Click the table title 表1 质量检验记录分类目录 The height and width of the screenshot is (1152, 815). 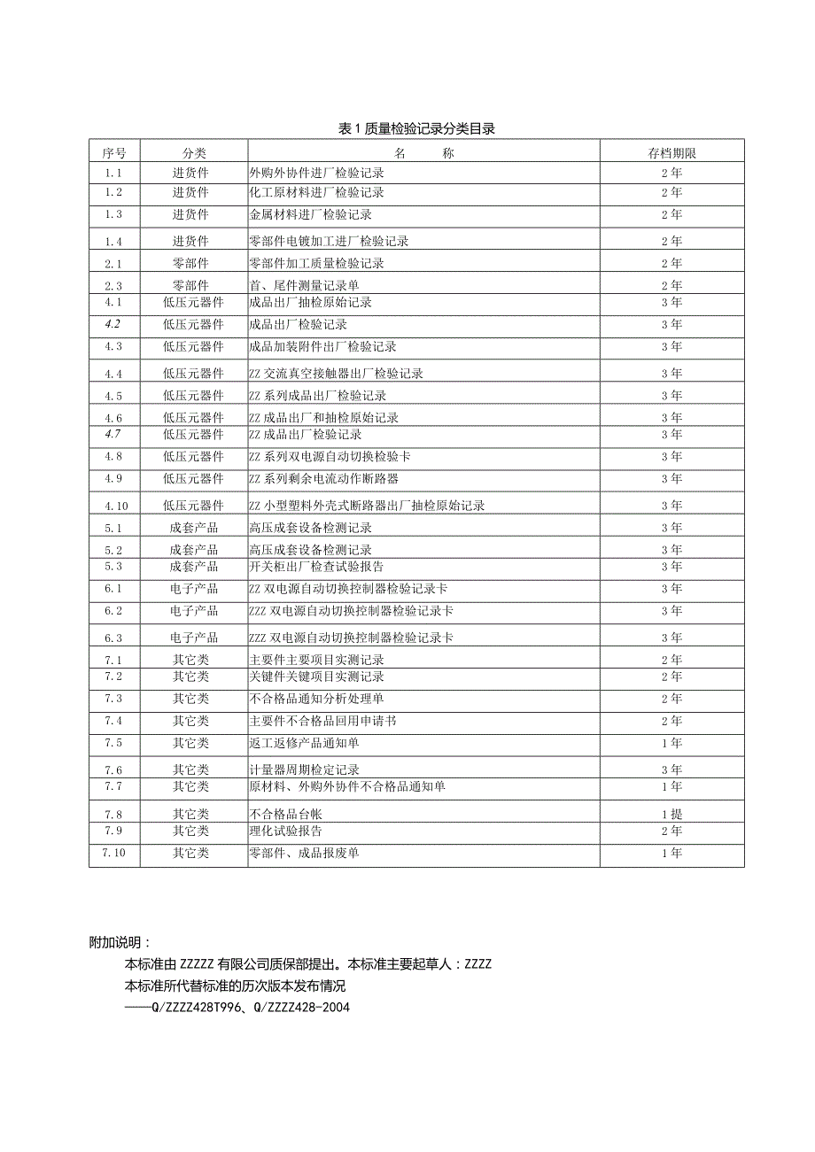(x=416, y=129)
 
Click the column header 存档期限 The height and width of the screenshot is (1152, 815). (x=671, y=153)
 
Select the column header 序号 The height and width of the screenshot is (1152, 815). (x=113, y=153)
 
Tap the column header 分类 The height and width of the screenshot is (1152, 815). (x=193, y=153)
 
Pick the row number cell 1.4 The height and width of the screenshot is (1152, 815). (x=113, y=241)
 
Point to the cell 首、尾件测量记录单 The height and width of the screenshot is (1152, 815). (x=305, y=285)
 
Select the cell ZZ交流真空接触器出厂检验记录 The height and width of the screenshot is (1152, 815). (x=337, y=374)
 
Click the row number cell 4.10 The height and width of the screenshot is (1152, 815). (x=116, y=506)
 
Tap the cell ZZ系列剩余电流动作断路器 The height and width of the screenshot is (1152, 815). (x=324, y=479)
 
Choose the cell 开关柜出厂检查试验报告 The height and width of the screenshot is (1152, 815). (x=317, y=567)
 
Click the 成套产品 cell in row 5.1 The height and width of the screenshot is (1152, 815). (x=193, y=528)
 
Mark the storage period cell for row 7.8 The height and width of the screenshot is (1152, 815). (x=671, y=814)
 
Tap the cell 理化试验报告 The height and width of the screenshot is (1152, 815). (x=286, y=831)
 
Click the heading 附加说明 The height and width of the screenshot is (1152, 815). (x=120, y=943)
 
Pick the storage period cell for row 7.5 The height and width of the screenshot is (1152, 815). (x=671, y=743)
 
